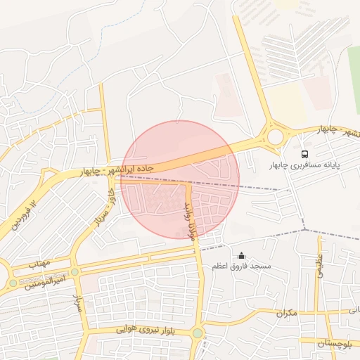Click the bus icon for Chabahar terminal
click(x=304, y=153)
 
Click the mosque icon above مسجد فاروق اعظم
click(x=242, y=256)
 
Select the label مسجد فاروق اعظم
click(x=242, y=267)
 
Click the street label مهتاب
click(x=39, y=263)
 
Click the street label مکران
click(x=285, y=312)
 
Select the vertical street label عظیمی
click(x=319, y=267)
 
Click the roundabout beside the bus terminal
click(x=275, y=136)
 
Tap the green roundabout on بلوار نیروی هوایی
click(x=198, y=333)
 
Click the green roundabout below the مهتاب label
click(x=75, y=271)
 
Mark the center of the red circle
click(x=181, y=179)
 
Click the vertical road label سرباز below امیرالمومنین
click(x=79, y=304)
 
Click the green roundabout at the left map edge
click(x=12, y=283)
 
